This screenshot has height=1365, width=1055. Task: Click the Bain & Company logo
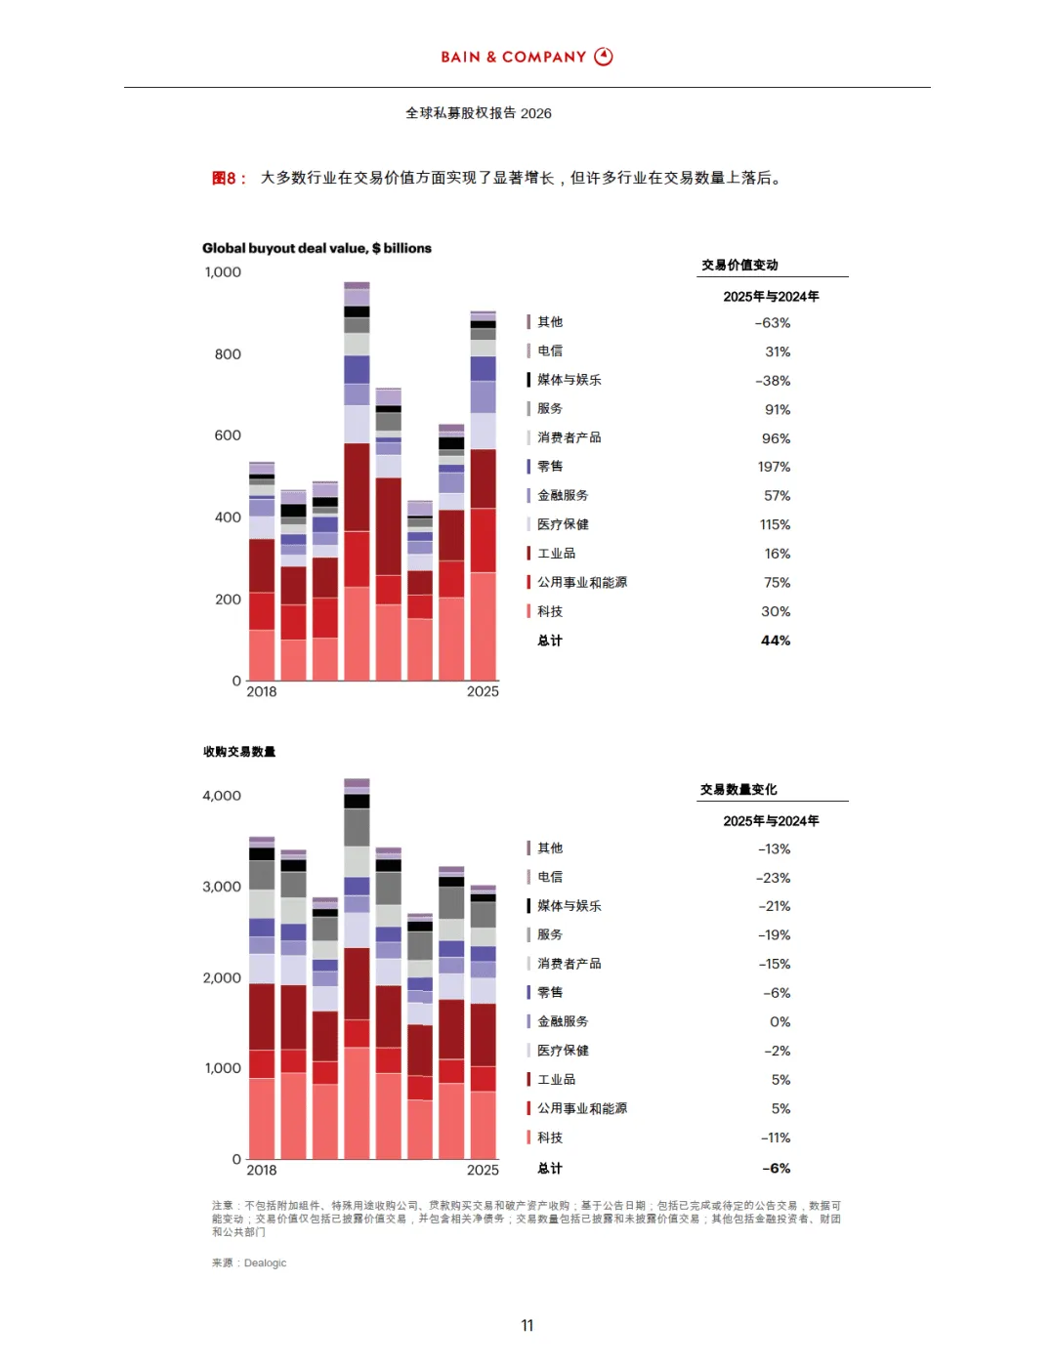(x=527, y=57)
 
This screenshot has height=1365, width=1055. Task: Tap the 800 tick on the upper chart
(x=228, y=354)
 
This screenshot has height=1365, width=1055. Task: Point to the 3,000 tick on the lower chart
(x=222, y=887)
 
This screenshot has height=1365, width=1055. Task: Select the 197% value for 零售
(x=774, y=467)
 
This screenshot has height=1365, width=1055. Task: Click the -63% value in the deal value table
(x=772, y=323)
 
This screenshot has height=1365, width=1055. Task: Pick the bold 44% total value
(x=776, y=641)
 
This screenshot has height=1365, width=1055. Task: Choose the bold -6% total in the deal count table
(x=776, y=1168)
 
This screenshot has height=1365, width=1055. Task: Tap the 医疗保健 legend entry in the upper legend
(x=563, y=524)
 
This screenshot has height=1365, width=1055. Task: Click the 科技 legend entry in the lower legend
(x=550, y=1137)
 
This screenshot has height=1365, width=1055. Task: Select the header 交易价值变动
(x=739, y=265)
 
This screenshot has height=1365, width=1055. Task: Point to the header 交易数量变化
(x=738, y=789)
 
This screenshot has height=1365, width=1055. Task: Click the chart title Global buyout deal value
(x=316, y=248)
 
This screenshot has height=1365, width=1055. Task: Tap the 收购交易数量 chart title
(x=239, y=751)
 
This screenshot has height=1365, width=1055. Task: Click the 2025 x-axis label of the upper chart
(x=483, y=691)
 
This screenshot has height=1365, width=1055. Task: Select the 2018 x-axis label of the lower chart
(x=262, y=1170)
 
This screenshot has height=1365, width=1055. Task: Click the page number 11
(x=527, y=1325)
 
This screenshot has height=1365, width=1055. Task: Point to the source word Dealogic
(x=265, y=1262)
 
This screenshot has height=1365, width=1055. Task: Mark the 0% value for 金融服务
(x=780, y=1021)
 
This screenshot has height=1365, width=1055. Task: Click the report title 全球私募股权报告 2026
(x=479, y=113)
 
